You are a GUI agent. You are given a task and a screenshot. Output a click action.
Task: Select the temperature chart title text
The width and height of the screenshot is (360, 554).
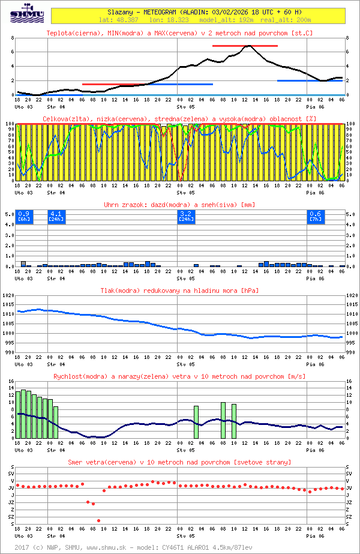click(179, 33)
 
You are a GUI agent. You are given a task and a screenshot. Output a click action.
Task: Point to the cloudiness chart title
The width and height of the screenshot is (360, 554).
click(179, 119)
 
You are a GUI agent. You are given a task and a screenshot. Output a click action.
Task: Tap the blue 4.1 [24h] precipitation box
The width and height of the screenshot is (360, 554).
click(56, 216)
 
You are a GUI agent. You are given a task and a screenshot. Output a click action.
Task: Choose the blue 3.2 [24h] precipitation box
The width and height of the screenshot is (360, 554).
click(186, 216)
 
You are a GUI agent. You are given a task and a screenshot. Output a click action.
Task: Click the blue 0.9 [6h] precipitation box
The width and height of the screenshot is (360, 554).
click(23, 216)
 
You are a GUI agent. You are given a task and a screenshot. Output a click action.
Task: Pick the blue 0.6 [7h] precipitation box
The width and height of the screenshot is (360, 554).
click(315, 216)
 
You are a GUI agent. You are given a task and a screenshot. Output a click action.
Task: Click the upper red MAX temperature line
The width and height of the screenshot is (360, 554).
click(245, 46)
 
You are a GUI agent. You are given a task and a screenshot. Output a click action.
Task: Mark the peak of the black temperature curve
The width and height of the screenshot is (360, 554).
click(250, 46)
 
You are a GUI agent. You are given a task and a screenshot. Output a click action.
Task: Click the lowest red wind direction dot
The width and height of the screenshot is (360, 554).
click(98, 520)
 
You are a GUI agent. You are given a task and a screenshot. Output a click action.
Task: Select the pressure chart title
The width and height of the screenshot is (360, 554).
click(179, 291)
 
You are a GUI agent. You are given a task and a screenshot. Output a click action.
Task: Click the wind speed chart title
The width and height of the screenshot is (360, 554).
click(179, 376)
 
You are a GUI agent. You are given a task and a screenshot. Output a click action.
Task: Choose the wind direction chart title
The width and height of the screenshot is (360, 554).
click(179, 462)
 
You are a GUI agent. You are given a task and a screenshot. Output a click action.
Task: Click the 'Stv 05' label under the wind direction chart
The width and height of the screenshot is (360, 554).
click(185, 536)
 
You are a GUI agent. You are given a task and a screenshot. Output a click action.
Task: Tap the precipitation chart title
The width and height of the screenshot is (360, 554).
click(179, 205)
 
